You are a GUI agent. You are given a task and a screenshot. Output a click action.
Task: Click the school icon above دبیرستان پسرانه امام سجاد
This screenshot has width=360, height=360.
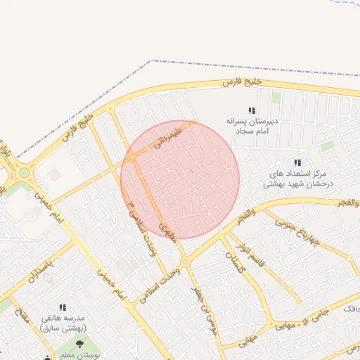tap(252, 110)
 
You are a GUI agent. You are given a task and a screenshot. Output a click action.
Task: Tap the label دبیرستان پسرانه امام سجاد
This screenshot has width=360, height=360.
tap(252, 126)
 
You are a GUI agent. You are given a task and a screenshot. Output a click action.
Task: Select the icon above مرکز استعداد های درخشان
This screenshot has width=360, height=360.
tap(298, 162)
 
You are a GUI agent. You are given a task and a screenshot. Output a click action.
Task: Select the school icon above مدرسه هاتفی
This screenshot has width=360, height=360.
tap(63, 307)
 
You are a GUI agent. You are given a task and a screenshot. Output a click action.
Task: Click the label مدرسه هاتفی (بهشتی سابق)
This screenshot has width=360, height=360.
tap(63, 323)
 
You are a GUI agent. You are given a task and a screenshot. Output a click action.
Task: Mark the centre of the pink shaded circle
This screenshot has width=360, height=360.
tap(180, 180)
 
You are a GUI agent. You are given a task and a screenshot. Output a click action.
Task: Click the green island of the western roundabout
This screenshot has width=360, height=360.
tap(24, 172)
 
